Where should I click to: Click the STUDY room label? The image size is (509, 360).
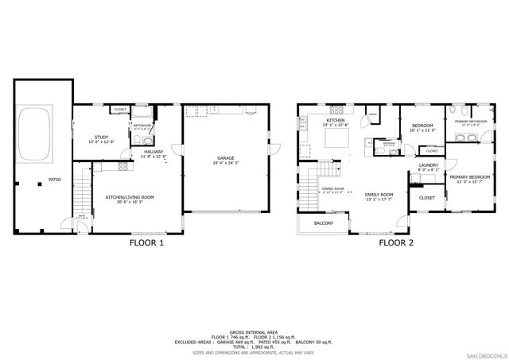[101, 137]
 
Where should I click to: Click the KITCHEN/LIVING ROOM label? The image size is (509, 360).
[130, 196]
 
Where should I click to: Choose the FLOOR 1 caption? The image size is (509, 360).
[146, 243]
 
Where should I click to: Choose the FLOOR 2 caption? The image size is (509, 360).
[395, 243]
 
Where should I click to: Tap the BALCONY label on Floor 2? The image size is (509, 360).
[324, 223]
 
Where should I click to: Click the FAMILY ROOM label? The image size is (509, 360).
[379, 194]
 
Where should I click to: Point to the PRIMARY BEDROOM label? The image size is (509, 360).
[469, 177]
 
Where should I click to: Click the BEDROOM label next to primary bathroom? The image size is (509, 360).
[422, 126]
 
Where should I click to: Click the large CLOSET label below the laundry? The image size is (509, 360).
[427, 198]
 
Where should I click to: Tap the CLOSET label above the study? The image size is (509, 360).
[120, 110]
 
